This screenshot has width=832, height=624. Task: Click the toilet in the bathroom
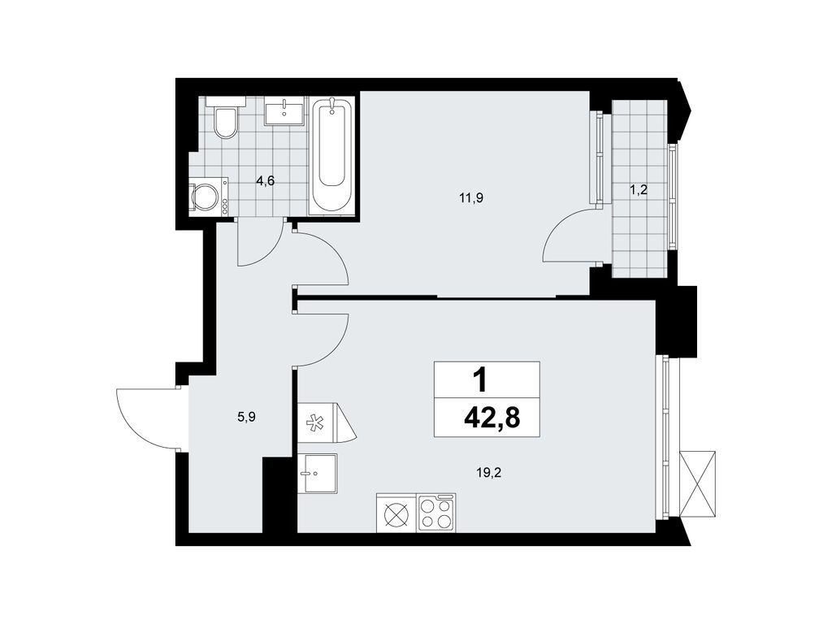tap(225, 119)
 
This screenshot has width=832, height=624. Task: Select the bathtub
tap(333, 154)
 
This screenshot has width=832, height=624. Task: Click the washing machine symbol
tap(206, 197)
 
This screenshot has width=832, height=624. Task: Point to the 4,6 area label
tap(266, 181)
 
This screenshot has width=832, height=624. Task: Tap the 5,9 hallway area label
tap(245, 417)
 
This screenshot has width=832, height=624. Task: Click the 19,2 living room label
tap(490, 470)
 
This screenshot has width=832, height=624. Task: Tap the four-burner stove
tap(436, 513)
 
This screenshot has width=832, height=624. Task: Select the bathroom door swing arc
tap(260, 248)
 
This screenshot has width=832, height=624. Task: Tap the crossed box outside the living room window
tap(698, 483)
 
